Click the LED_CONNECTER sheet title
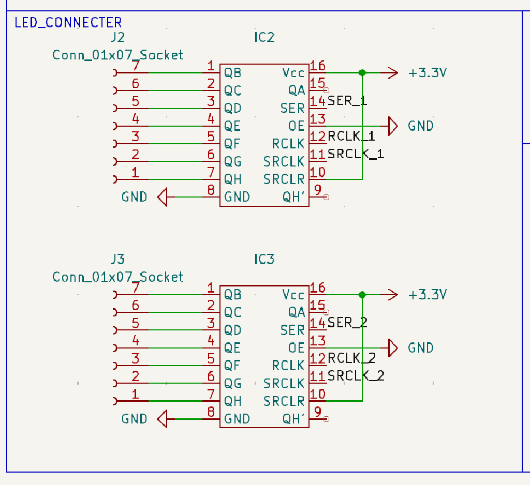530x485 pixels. click(68, 23)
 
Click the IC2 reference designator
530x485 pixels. click(264, 37)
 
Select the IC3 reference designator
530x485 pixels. click(264, 259)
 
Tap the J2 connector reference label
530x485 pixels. click(118, 37)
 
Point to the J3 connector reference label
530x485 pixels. click(118, 259)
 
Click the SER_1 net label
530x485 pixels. click(347, 101)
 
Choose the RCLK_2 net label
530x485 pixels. click(351, 358)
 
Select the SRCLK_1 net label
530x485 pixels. click(356, 154)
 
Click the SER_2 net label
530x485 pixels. click(347, 323)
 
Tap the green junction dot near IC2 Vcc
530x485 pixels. click(362, 73)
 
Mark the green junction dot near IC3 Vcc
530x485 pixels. click(362, 295)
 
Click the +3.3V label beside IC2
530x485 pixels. click(428, 73)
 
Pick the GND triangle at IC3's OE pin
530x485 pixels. click(393, 348)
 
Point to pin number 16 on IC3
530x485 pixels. click(318, 288)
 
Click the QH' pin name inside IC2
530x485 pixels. click(293, 197)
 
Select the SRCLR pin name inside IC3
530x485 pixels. click(284, 401)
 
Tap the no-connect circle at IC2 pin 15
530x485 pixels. click(326, 90)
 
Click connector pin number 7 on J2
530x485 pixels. click(136, 66)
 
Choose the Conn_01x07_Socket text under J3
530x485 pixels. click(118, 277)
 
